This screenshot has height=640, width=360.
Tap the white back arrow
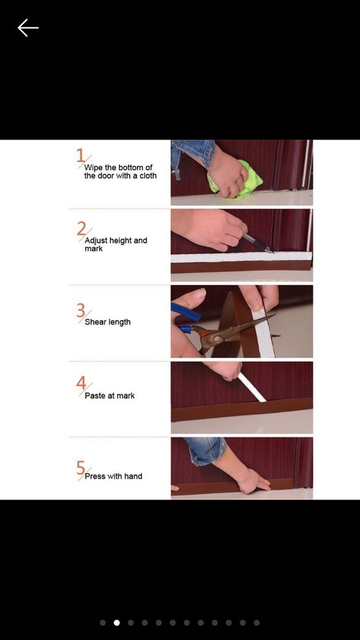click(x=28, y=28)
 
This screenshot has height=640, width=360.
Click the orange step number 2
click(x=81, y=229)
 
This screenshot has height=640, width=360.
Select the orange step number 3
click(x=81, y=310)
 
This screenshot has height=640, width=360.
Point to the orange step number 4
click(x=81, y=383)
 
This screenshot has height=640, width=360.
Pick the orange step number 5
click(x=81, y=467)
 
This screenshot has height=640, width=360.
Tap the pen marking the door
click(x=258, y=243)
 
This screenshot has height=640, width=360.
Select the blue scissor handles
click(x=186, y=315)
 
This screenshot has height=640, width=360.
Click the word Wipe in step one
click(x=93, y=168)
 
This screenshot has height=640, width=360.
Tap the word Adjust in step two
click(x=96, y=241)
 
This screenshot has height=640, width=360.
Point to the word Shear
click(x=95, y=322)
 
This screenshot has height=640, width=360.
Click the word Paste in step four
click(x=95, y=395)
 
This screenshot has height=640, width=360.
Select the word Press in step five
click(x=95, y=476)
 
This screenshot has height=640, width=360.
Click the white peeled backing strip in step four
click(x=252, y=387)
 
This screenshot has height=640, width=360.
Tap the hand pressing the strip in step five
click(x=253, y=480)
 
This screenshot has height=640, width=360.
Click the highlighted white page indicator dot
click(x=117, y=622)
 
